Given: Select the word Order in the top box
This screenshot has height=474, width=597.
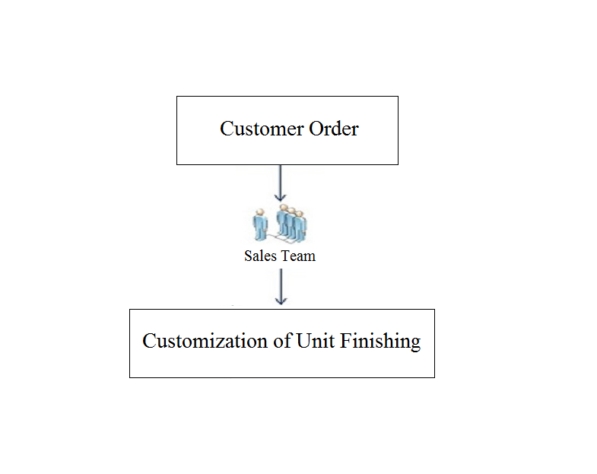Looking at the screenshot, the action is pyautogui.click(x=334, y=129).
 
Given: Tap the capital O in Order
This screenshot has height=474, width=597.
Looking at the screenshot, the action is pyautogui.click(x=316, y=129).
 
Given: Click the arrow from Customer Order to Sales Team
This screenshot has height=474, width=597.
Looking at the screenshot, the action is pyautogui.click(x=281, y=183).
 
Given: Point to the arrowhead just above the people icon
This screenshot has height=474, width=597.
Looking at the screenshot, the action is pyautogui.click(x=281, y=197).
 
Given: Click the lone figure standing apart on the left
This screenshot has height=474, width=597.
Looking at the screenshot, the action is pyautogui.click(x=260, y=224).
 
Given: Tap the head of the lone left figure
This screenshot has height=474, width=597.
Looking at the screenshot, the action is pyautogui.click(x=260, y=212).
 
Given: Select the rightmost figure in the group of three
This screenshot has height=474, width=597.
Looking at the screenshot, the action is pyautogui.click(x=301, y=226).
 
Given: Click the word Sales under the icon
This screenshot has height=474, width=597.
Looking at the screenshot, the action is pyautogui.click(x=260, y=256).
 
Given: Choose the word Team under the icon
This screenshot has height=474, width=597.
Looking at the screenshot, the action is pyautogui.click(x=298, y=256).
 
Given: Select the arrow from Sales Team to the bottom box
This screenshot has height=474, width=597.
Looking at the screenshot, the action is pyautogui.click(x=281, y=287).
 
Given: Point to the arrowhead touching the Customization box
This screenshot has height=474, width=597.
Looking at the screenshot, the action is pyautogui.click(x=281, y=301).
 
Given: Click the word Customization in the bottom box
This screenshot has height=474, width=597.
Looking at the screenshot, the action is pyautogui.click(x=205, y=341).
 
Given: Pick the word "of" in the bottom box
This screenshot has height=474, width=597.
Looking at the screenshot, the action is pyautogui.click(x=283, y=341).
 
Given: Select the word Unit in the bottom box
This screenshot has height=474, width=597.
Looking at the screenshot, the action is pyautogui.click(x=316, y=341).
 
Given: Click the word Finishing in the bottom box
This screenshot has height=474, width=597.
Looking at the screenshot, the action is pyautogui.click(x=380, y=342).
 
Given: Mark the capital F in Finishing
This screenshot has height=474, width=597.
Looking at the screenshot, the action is pyautogui.click(x=345, y=341).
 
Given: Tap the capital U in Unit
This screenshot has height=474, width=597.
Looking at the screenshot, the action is pyautogui.click(x=303, y=341).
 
